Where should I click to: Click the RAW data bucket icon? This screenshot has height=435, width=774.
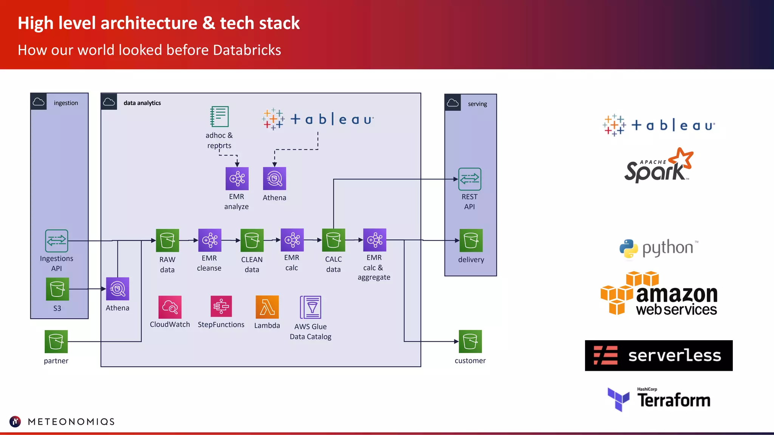click(x=167, y=241)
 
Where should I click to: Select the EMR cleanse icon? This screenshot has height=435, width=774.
click(x=210, y=240)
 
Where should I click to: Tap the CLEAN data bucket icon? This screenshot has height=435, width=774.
click(x=252, y=241)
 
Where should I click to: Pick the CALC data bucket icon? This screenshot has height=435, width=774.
click(x=333, y=240)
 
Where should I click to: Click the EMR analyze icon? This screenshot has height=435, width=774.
click(x=237, y=179)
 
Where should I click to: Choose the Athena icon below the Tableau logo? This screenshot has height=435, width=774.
click(x=274, y=179)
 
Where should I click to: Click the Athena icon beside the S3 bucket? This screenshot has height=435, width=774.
click(x=118, y=289)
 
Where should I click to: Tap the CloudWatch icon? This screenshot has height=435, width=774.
click(x=170, y=307)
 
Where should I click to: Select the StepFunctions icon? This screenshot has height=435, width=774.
click(x=221, y=307)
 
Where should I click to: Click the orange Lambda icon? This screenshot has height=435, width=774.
click(x=267, y=307)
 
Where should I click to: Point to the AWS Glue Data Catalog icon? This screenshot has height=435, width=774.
click(x=311, y=307)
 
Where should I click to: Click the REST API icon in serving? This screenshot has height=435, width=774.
click(x=470, y=179)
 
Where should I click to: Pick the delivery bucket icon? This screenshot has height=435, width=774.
click(x=471, y=241)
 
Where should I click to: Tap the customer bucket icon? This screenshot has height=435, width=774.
click(x=470, y=341)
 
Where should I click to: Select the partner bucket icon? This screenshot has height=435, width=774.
click(x=56, y=341)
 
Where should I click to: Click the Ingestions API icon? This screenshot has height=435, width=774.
click(x=57, y=241)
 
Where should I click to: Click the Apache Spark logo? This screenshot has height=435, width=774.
click(x=658, y=166)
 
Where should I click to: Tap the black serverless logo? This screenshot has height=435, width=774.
click(x=659, y=356)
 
